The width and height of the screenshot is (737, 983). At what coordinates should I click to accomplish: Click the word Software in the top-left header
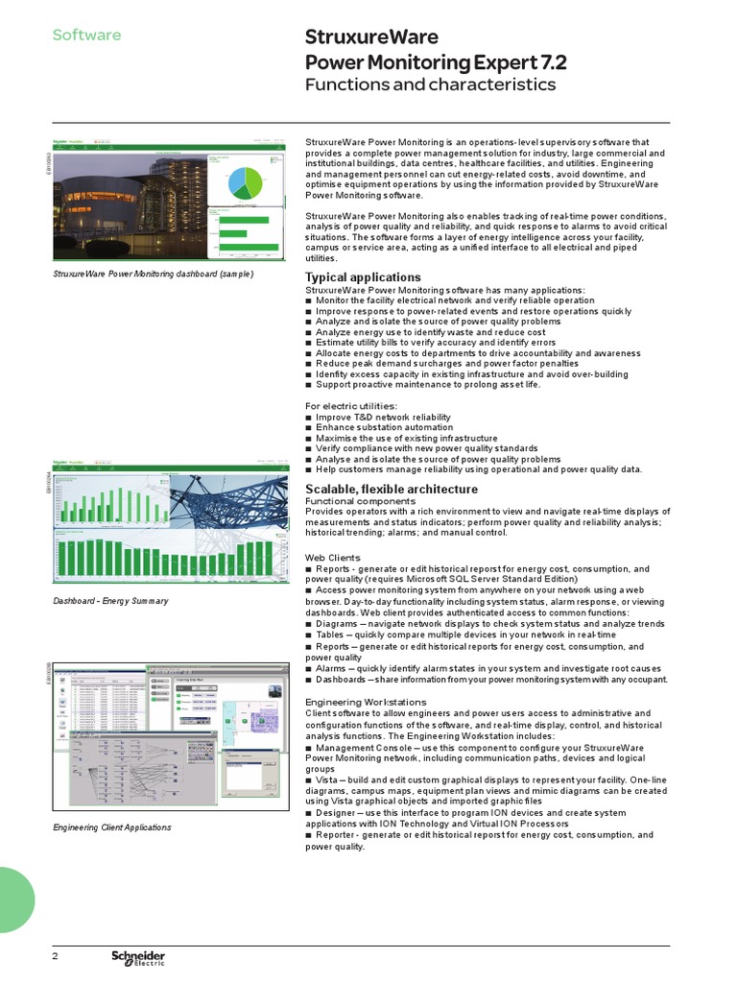[x=86, y=36]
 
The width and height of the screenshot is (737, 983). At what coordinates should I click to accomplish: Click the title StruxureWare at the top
[x=371, y=38]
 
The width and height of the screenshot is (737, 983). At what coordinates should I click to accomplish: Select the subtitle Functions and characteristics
[x=430, y=84]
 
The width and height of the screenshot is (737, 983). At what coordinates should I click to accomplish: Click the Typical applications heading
[x=363, y=277]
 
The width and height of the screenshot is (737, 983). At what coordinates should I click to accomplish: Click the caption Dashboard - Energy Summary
[x=110, y=601]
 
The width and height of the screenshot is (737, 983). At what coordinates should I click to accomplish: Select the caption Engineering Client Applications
[x=112, y=827]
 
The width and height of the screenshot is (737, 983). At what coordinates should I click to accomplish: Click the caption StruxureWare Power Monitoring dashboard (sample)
[x=153, y=274]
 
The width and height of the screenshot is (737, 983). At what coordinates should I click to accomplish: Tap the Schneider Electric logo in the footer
[x=138, y=958]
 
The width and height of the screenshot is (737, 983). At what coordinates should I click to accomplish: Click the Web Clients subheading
[x=332, y=558]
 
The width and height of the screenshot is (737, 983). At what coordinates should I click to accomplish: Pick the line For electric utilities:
[x=350, y=406]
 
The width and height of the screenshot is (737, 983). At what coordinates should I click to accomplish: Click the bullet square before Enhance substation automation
[x=308, y=428]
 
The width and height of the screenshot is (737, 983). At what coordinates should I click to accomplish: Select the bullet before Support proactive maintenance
[x=308, y=385]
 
